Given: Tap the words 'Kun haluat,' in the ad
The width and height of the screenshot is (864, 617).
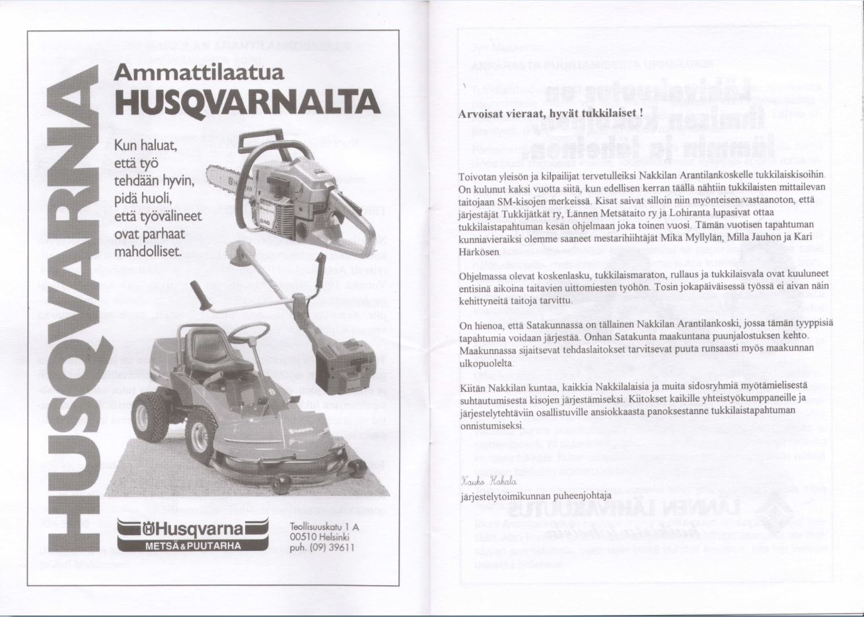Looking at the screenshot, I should tap(145, 145).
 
